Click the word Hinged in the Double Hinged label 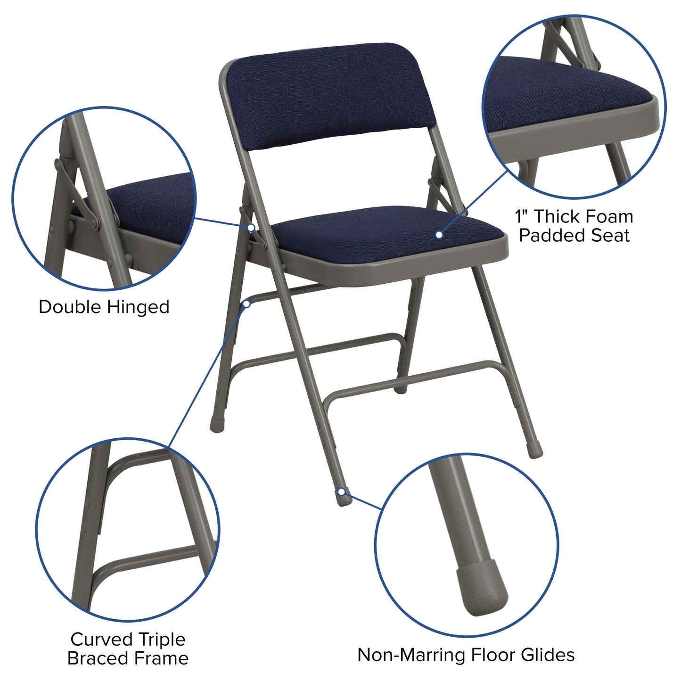[138, 307]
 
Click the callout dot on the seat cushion [439, 234]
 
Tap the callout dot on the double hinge [251, 228]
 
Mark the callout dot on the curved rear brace [246, 304]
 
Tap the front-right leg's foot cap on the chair [535, 451]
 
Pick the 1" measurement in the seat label [522, 217]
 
